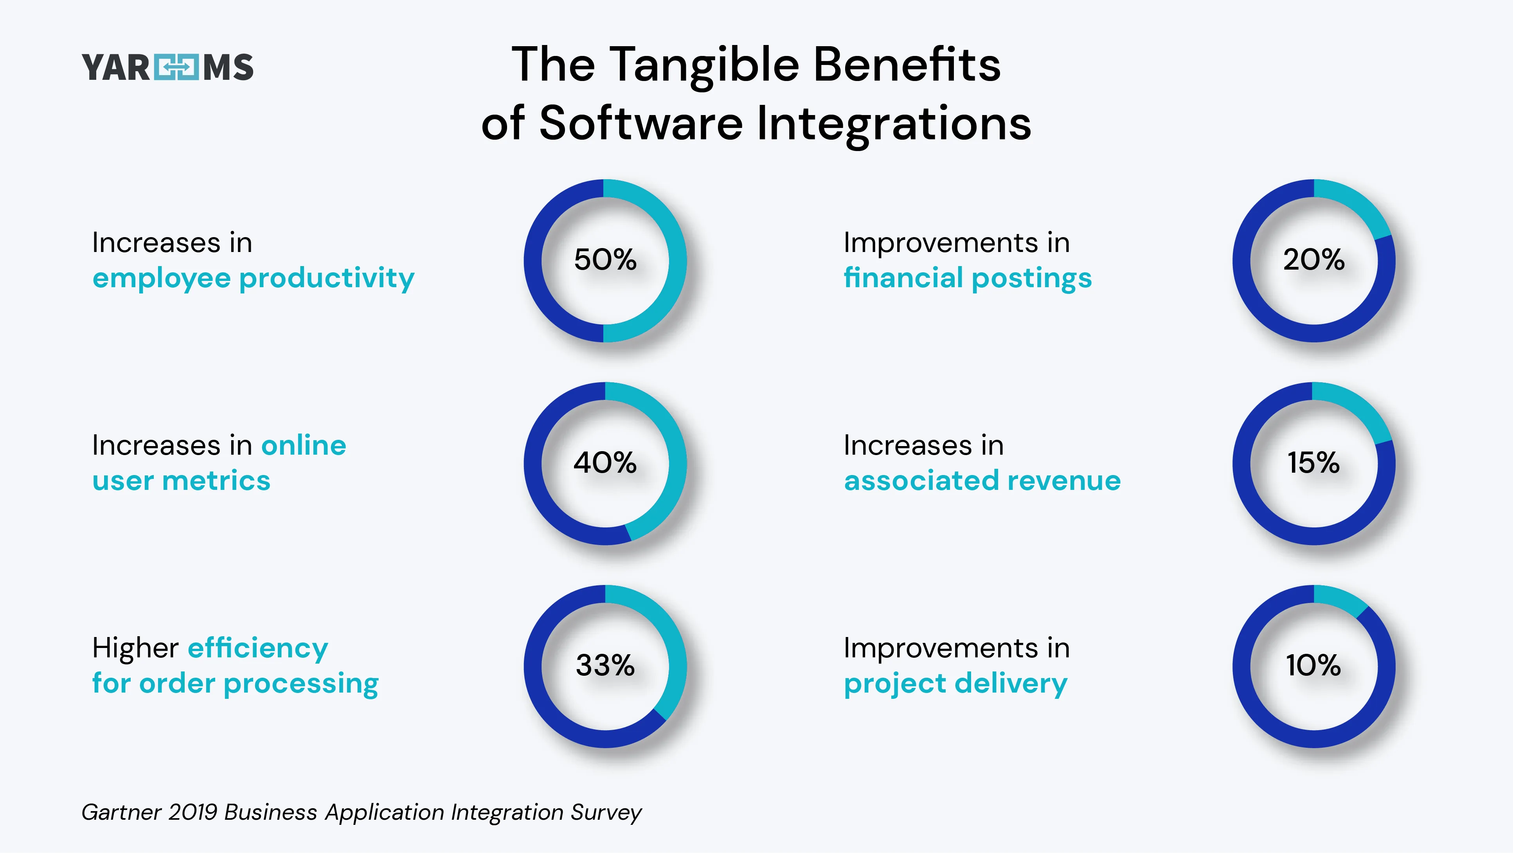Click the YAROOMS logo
coord(167,67)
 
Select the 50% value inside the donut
coord(605,260)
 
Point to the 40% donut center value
coord(605,463)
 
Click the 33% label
coord(605,666)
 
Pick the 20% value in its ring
coord(1313,260)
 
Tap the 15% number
coord(1313,463)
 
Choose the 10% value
coord(1313,666)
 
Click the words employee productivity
coord(253,279)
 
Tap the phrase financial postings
coord(967,279)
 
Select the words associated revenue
coord(982,480)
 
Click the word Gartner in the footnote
coord(121,812)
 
